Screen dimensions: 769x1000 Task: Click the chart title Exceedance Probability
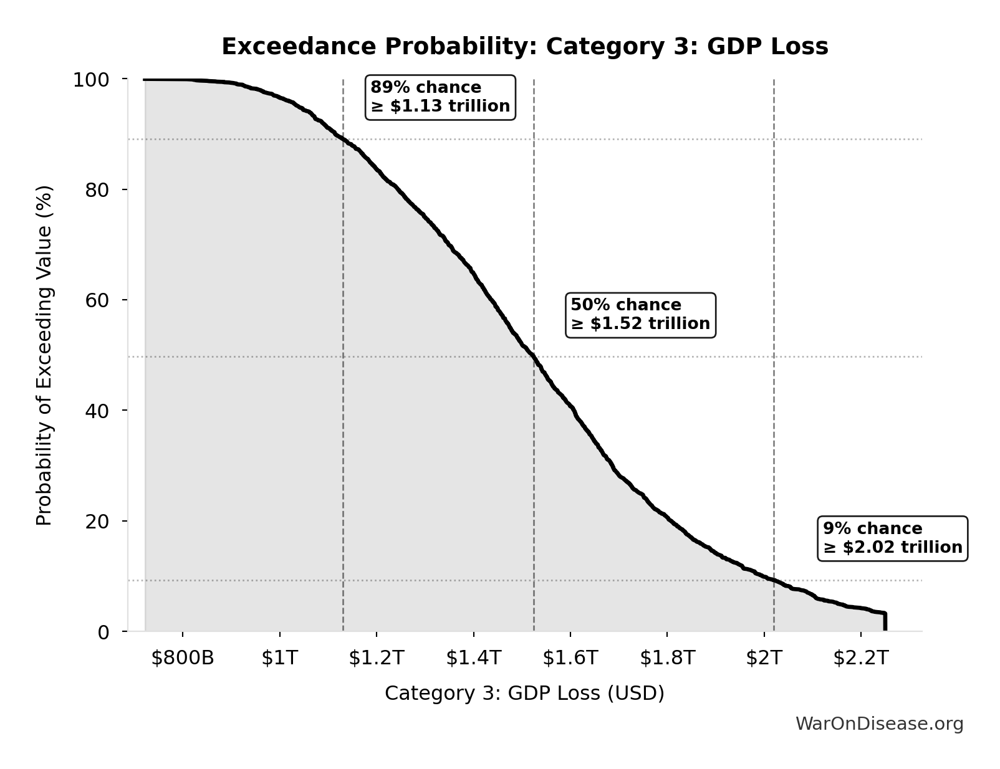click(x=525, y=47)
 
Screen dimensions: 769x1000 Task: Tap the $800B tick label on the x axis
click(x=183, y=657)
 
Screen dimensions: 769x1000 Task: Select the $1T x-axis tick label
click(x=280, y=657)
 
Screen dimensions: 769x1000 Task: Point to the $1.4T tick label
click(x=473, y=657)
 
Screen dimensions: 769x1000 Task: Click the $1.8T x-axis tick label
click(x=667, y=657)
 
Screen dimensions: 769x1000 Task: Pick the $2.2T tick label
click(x=860, y=657)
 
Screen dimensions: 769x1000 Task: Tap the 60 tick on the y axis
click(x=97, y=300)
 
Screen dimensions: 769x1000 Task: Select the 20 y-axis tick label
click(x=97, y=521)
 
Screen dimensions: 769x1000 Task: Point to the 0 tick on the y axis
click(x=103, y=632)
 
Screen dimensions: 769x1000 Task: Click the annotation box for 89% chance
click(x=440, y=97)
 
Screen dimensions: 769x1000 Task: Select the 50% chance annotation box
click(x=640, y=315)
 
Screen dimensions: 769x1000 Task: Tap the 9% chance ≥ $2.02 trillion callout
click(x=892, y=538)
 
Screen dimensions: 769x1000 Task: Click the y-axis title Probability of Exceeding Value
click(x=44, y=355)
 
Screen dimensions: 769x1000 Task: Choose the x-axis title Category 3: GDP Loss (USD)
click(x=524, y=693)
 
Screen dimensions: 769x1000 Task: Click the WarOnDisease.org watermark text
click(x=879, y=724)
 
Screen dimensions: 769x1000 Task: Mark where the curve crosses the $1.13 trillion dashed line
click(x=343, y=139)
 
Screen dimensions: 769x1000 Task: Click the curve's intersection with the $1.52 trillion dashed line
click(x=534, y=357)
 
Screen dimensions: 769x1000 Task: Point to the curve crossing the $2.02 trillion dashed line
click(x=774, y=580)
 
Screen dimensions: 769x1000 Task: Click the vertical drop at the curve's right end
click(x=885, y=623)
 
